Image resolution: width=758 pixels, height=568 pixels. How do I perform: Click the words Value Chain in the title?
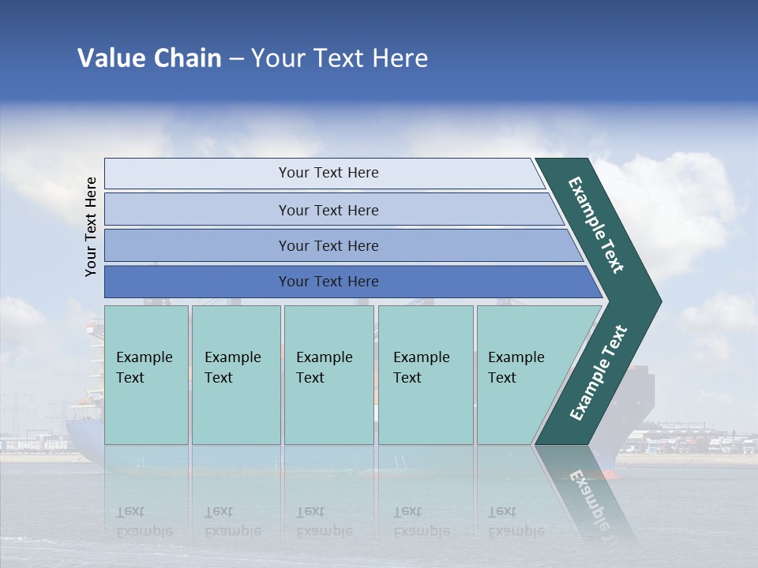149,58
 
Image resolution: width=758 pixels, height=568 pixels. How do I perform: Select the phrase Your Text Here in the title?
340,58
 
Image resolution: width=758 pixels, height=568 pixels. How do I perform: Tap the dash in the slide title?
236,59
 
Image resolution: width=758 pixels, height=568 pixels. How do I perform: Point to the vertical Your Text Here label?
91,227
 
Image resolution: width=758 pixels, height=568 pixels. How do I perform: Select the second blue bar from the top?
328,210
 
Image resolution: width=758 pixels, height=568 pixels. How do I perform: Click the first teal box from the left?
146,375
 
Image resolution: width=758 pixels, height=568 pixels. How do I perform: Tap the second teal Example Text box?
235,375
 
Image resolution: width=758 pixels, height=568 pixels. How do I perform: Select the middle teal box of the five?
328,375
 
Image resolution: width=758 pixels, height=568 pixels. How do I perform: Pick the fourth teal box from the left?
425,375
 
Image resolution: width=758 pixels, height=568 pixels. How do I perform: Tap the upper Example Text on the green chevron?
596,225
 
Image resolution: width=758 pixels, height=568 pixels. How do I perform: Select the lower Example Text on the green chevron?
599,373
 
